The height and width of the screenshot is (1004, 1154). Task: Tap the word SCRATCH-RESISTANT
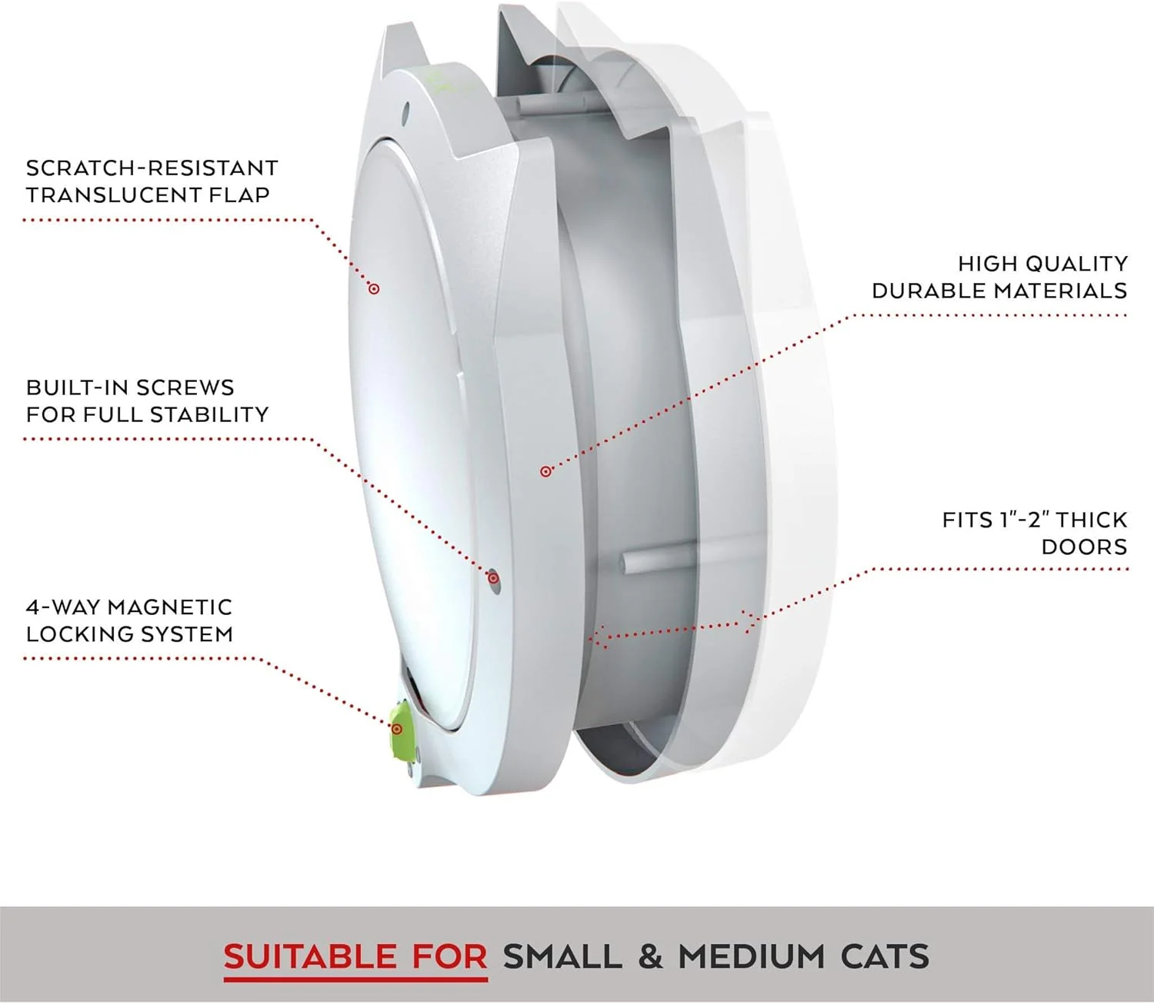pyautogui.click(x=152, y=168)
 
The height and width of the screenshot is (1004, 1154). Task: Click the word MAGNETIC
pyautogui.click(x=170, y=607)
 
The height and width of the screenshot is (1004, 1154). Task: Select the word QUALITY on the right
pyautogui.click(x=1076, y=264)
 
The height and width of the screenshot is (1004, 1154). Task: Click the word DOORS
pyautogui.click(x=1084, y=547)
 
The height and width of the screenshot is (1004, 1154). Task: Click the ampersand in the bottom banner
pyautogui.click(x=651, y=956)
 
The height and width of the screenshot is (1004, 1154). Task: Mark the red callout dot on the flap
pyautogui.click(x=373, y=288)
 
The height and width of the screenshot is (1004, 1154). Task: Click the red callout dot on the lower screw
pyautogui.click(x=493, y=578)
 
